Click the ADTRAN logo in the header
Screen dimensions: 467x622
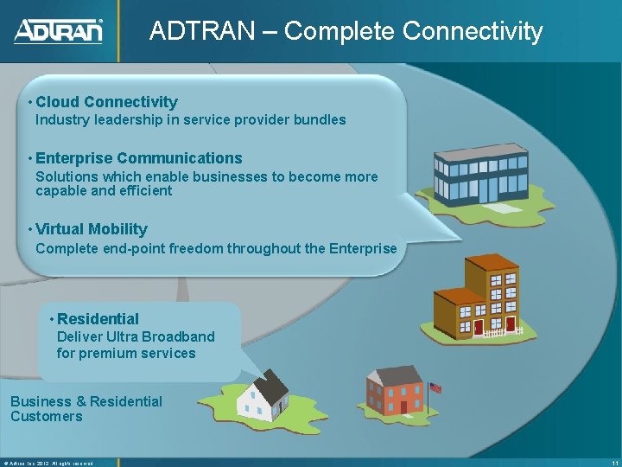pyautogui.click(x=59, y=31)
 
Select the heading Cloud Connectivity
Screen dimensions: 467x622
pyautogui.click(x=106, y=102)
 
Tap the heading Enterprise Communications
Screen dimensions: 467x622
pyautogui.click(x=138, y=158)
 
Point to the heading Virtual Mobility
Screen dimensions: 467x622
pyautogui.click(x=92, y=229)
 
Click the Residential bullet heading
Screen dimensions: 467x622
pyautogui.click(x=98, y=319)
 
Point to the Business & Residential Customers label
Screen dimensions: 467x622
pyautogui.click(x=86, y=409)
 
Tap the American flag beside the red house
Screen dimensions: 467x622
pyautogui.click(x=435, y=388)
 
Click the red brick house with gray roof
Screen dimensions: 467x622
pyautogui.click(x=393, y=391)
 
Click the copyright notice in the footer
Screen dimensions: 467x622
pyautogui.click(x=48, y=462)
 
